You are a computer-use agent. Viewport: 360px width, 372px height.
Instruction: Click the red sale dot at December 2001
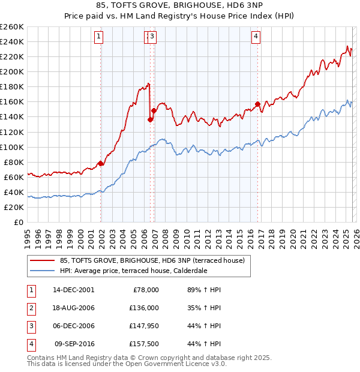click(100, 163)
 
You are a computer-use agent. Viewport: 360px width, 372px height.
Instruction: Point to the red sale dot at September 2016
click(257, 104)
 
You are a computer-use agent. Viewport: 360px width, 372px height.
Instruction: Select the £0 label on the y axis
click(18, 222)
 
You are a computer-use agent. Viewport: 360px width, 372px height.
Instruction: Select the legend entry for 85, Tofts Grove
click(152, 261)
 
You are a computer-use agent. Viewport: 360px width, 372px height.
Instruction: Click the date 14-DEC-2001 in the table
click(74, 290)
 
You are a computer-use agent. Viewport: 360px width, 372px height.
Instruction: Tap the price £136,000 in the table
click(145, 308)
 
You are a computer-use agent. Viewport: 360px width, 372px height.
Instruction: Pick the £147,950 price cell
click(145, 326)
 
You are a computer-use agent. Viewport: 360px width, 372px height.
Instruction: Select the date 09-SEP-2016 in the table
click(74, 344)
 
